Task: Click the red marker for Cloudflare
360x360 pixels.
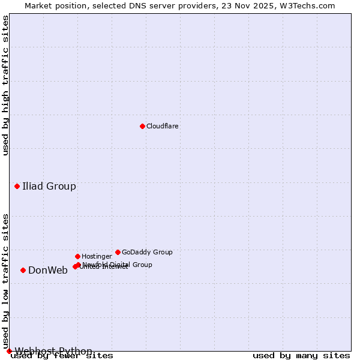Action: tap(142, 126)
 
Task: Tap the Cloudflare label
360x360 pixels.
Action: tap(163, 127)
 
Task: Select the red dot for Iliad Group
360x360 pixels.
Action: tap(17, 186)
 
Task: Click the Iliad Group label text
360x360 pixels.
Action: tap(49, 186)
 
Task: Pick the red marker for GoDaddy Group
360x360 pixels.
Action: tap(118, 252)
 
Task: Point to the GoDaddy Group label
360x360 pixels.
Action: tap(147, 253)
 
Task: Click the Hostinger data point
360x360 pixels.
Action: tap(77, 256)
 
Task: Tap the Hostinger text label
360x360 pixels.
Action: tap(97, 257)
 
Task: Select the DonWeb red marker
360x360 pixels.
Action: tap(23, 270)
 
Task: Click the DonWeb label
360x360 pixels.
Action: tap(48, 270)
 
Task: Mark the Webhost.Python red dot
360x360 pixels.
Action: tap(9, 351)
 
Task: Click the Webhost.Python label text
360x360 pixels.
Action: tap(53, 351)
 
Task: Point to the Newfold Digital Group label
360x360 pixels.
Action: tap(118, 265)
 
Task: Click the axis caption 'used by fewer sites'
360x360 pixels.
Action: tap(62, 356)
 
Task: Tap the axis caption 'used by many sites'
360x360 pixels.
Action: tap(301, 356)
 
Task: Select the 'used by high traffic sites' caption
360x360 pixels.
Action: tap(6, 85)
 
